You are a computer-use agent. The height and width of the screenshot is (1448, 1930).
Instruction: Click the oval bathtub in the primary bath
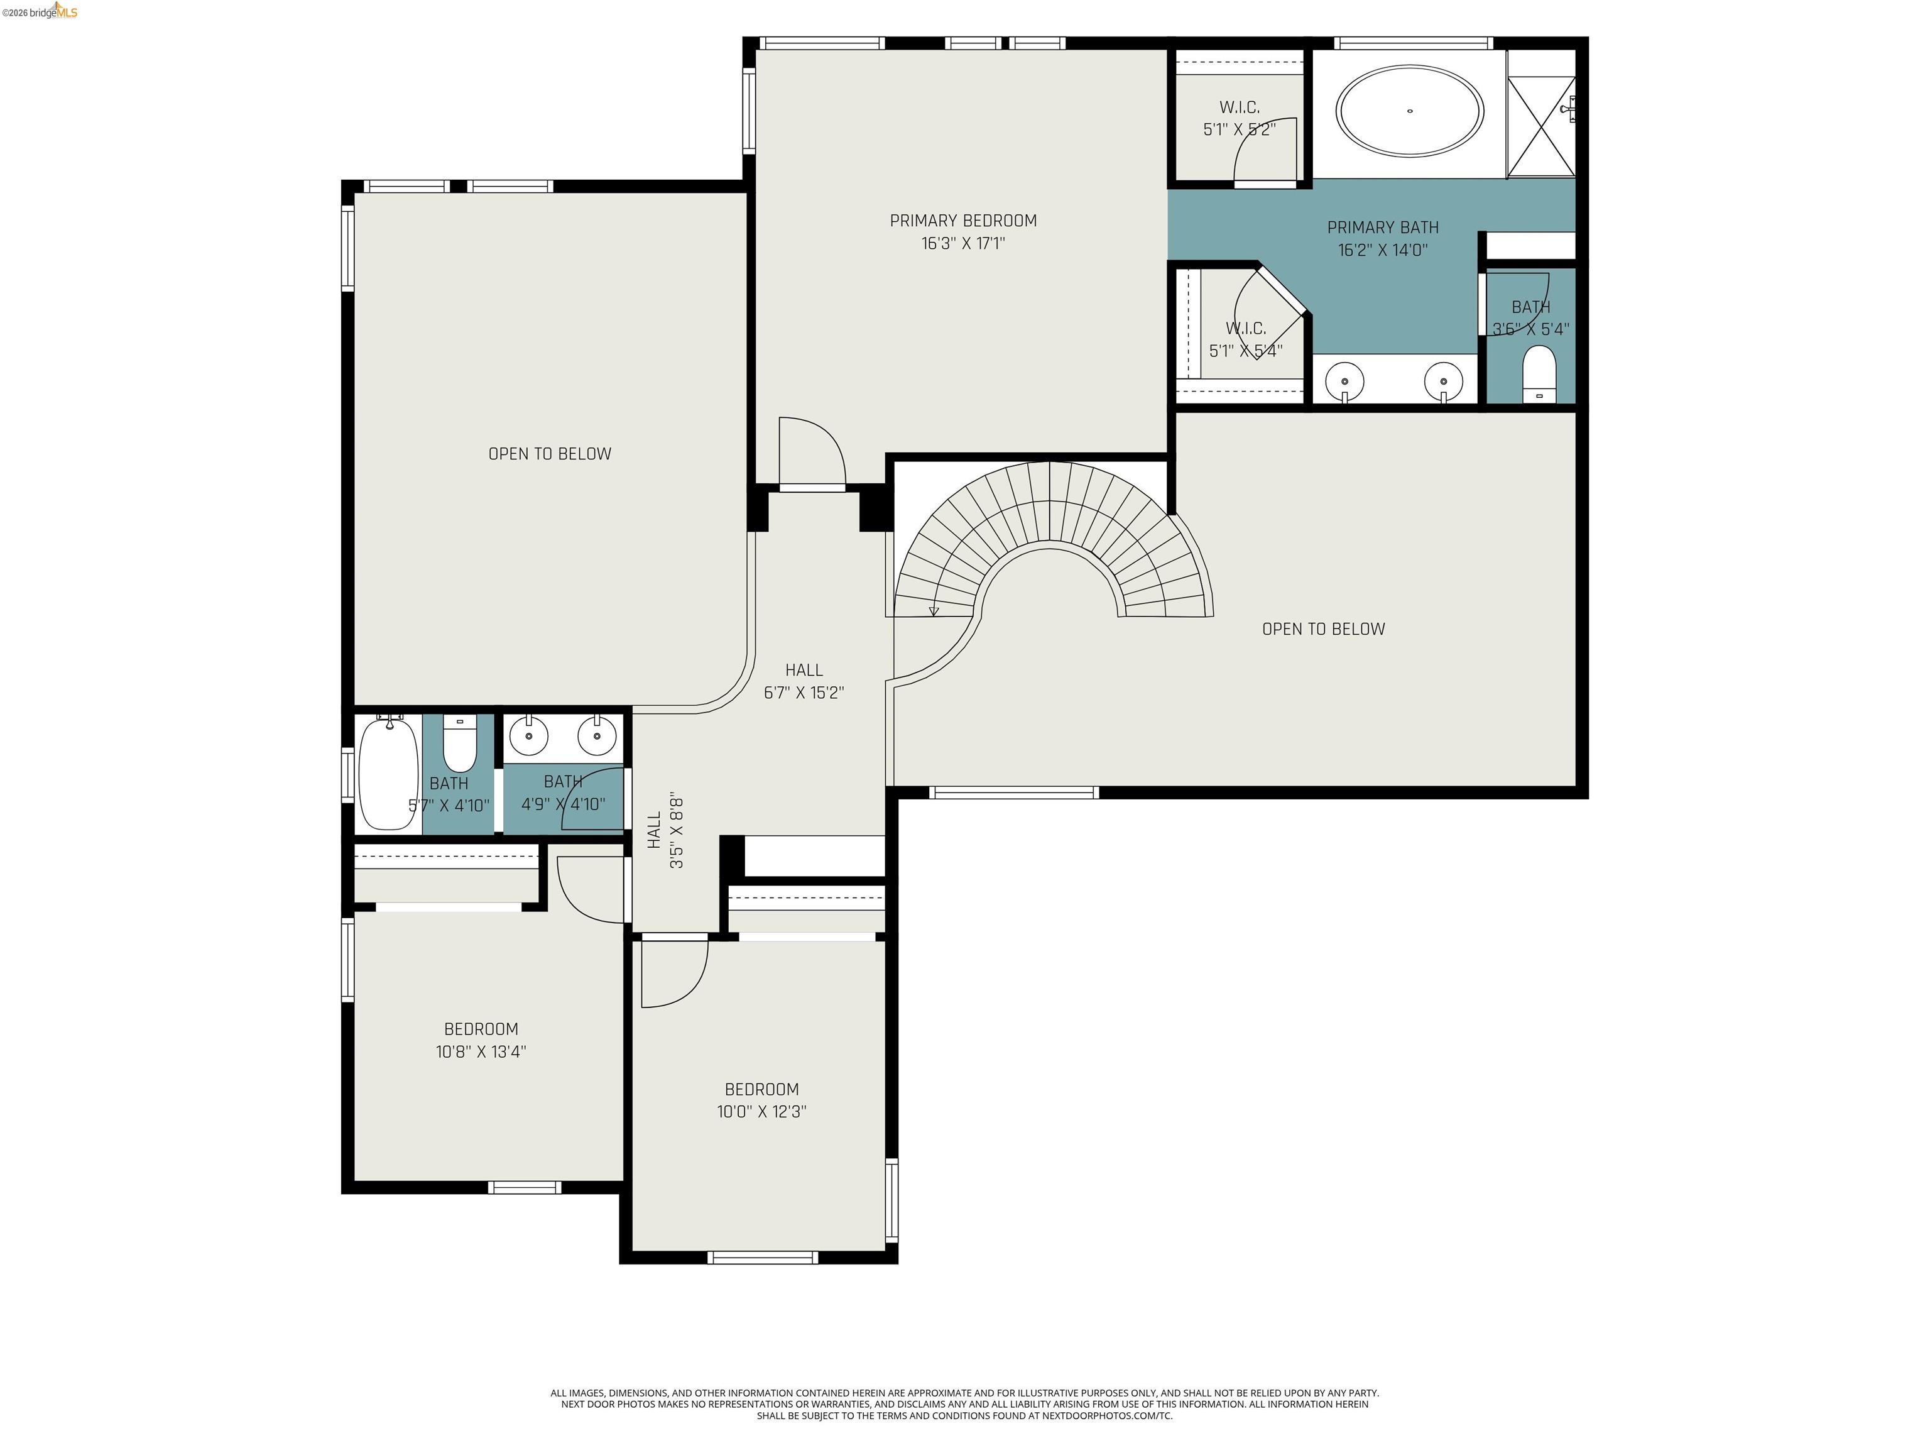(1410, 112)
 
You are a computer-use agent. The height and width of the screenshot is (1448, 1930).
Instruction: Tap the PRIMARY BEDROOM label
(963, 221)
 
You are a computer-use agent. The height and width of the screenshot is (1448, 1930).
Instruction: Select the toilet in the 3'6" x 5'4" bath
(1539, 373)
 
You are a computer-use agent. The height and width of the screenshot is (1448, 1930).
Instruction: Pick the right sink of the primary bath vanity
(1443, 381)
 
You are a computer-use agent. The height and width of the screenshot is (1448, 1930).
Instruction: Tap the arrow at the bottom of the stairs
(934, 610)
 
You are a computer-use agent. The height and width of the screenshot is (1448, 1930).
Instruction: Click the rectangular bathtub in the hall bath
(388, 772)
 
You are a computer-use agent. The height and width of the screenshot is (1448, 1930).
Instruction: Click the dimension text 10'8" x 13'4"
(481, 1051)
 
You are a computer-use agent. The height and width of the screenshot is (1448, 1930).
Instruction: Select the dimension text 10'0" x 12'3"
(761, 1112)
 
